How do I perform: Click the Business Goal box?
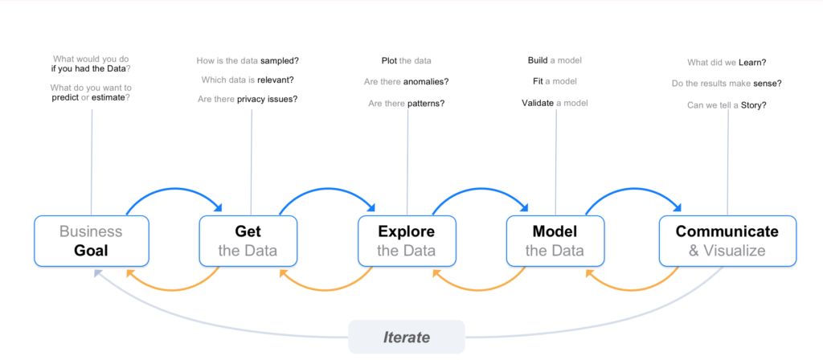pyautogui.click(x=92, y=241)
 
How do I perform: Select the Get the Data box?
pyautogui.click(x=248, y=241)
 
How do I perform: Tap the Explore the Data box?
pyautogui.click(x=407, y=241)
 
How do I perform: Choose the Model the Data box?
pyautogui.click(x=555, y=241)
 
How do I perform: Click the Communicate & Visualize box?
pyautogui.click(x=727, y=241)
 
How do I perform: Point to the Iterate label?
pyautogui.click(x=406, y=337)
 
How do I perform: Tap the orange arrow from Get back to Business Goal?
pyautogui.click(x=174, y=289)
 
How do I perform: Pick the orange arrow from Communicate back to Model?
pyautogui.click(x=632, y=289)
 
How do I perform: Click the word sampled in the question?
pyautogui.click(x=279, y=60)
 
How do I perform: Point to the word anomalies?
pyautogui.click(x=426, y=81)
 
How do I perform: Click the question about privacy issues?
pyautogui.click(x=248, y=99)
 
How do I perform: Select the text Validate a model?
pyautogui.click(x=555, y=103)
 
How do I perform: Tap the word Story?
pyautogui.click(x=753, y=105)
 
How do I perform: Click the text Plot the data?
pyautogui.click(x=406, y=60)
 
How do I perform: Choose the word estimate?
pyautogui.click(x=111, y=97)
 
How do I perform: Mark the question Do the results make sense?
pyautogui.click(x=727, y=84)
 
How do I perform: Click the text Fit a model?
pyautogui.click(x=555, y=81)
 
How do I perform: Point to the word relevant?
pyautogui.click(x=276, y=80)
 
